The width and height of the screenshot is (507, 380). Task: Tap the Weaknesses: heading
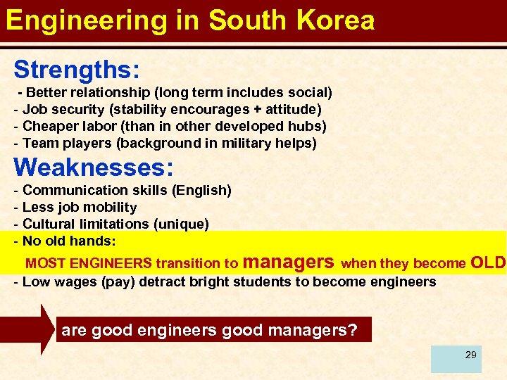94,167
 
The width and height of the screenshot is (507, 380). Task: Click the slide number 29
470,355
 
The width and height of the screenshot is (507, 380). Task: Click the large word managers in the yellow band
288,262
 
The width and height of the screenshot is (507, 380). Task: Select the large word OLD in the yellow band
487,262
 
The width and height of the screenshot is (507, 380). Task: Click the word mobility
111,208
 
